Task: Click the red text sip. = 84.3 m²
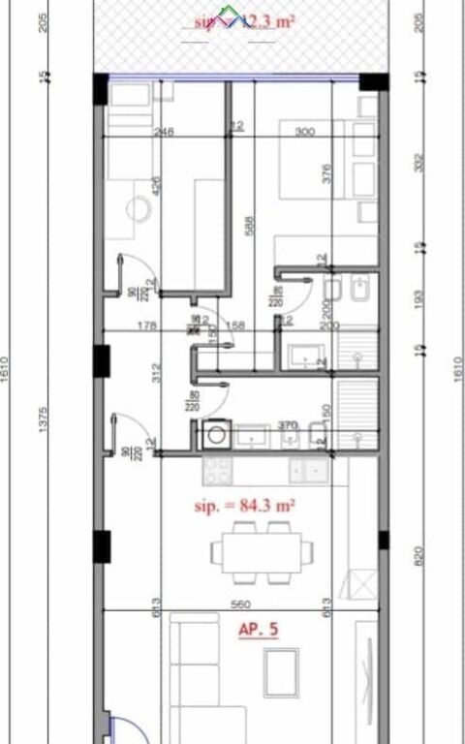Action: pos(244,506)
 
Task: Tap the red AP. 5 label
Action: pos(259,630)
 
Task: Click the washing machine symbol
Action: pos(213,436)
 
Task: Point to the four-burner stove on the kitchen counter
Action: pos(216,471)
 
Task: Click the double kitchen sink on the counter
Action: pos(312,471)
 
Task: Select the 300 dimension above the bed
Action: pos(306,132)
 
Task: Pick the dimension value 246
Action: pos(164,132)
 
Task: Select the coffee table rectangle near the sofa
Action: pos(282,667)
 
